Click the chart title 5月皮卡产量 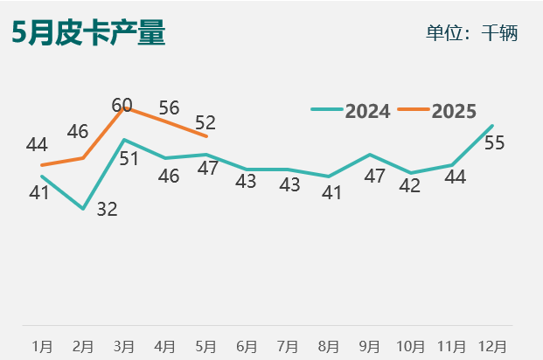88,33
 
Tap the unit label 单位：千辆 471,33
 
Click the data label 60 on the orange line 122,106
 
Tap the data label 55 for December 494,143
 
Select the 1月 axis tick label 42,346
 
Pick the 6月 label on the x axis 247,346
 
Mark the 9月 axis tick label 369,346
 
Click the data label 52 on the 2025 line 205,123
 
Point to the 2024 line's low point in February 83,209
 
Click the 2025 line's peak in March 125,108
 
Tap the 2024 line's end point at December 492,126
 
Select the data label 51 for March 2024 130,159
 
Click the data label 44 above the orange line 37,144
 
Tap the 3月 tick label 124,346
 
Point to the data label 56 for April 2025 169,108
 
